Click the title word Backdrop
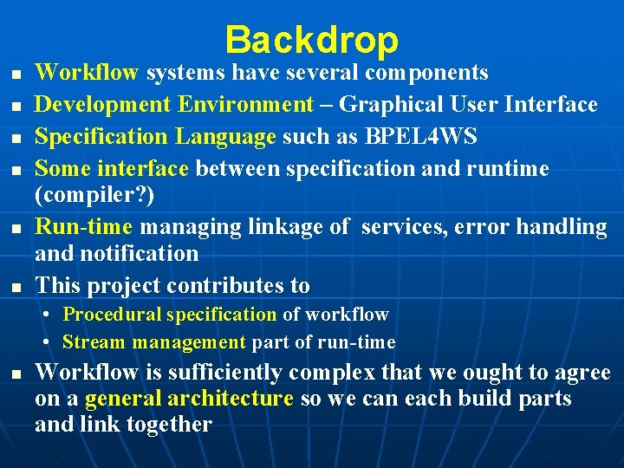click(311, 40)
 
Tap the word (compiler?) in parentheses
click(94, 195)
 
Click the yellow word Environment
click(246, 105)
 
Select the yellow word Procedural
click(113, 315)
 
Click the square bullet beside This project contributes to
click(17, 286)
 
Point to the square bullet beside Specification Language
click(17, 138)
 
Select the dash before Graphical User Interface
click(326, 106)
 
